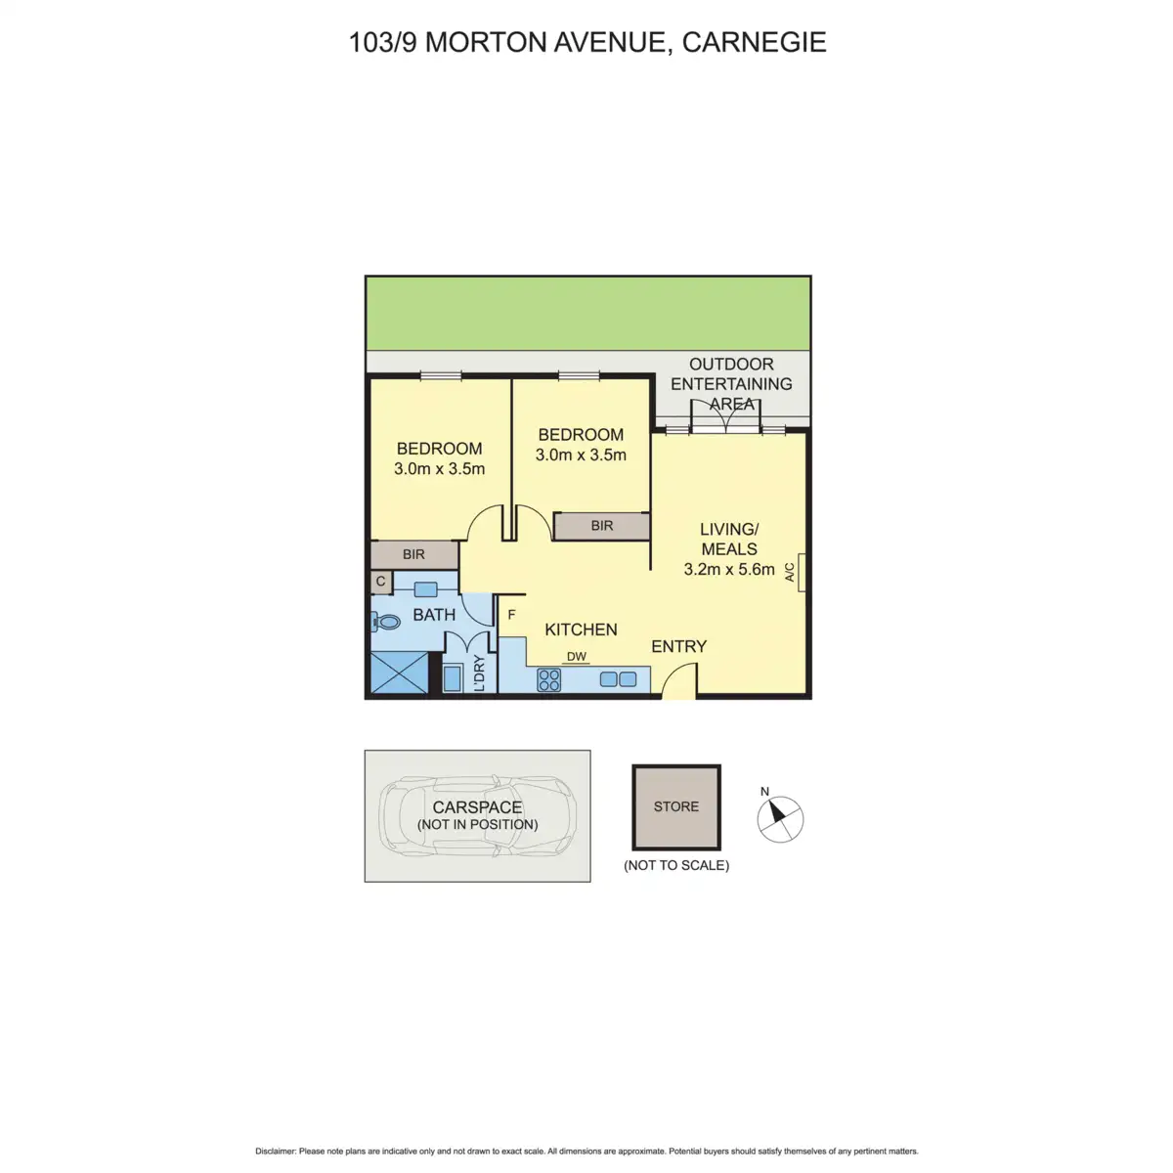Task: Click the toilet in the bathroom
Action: pyautogui.click(x=387, y=621)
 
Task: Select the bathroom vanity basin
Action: pyautogui.click(x=425, y=589)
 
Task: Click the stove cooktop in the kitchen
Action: pyautogui.click(x=549, y=679)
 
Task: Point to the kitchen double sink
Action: pyautogui.click(x=618, y=679)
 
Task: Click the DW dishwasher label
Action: pyautogui.click(x=577, y=657)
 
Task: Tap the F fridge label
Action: pyautogui.click(x=512, y=616)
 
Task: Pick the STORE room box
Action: pyautogui.click(x=676, y=807)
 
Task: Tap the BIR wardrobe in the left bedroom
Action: pyautogui.click(x=414, y=555)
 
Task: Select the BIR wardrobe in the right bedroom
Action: pyautogui.click(x=601, y=526)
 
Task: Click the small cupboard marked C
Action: pyautogui.click(x=381, y=582)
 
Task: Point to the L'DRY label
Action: pyautogui.click(x=480, y=674)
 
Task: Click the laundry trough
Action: pyautogui.click(x=454, y=678)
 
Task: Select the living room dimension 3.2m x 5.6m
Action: pyautogui.click(x=729, y=569)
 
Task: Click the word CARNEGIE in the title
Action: pyautogui.click(x=754, y=42)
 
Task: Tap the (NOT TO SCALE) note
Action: pyautogui.click(x=676, y=865)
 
